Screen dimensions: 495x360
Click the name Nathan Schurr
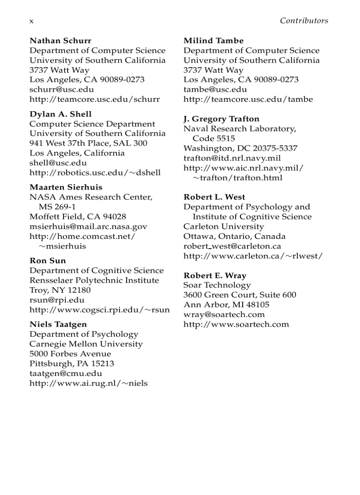pos(60,41)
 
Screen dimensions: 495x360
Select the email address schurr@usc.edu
pos(61,89)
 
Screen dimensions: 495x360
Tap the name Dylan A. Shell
pos(60,114)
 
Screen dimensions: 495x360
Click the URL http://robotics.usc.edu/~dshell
pos(95,173)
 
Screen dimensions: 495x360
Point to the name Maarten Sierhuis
pos(66,187)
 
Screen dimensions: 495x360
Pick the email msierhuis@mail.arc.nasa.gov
pos(88,227)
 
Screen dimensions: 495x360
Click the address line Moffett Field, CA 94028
pos(78,216)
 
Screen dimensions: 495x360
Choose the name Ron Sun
pos(48,261)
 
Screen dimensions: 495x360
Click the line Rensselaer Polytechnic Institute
pos(94,280)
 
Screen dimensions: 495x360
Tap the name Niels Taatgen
pos(58,324)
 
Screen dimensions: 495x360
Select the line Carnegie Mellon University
pos(86,344)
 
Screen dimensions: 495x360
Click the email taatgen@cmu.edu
pos(66,373)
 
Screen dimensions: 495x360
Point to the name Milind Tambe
pos(214,41)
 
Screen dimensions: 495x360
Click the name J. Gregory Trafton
pos(221,119)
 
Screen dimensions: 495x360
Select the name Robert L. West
pos(214,197)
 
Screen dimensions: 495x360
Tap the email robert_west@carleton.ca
pos(232,246)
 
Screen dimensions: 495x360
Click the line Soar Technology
pos(217,285)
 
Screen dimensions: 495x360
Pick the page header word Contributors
pos(304,21)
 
